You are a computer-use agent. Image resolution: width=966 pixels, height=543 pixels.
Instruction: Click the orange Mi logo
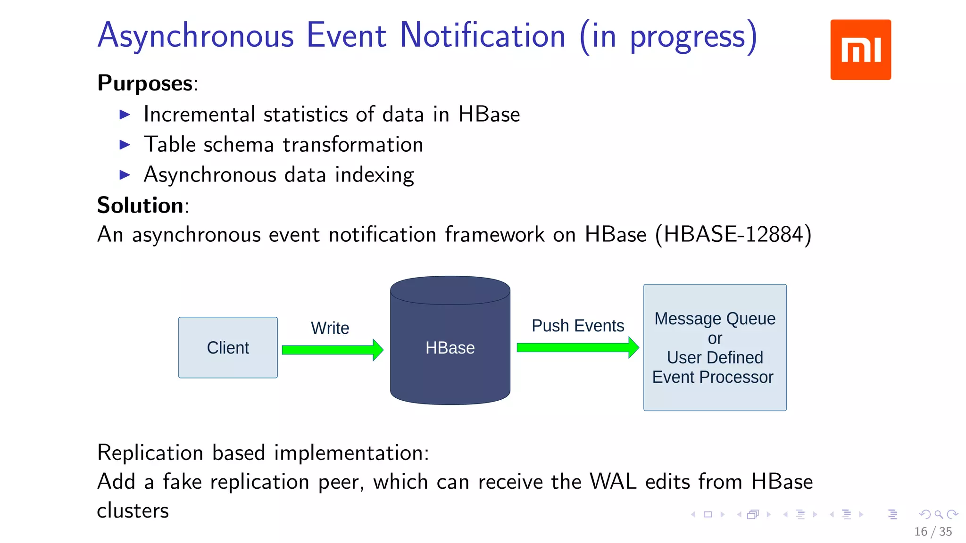(860, 49)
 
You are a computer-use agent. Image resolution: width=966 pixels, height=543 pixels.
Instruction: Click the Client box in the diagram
(228, 347)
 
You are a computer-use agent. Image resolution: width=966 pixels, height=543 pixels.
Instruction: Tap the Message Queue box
(715, 347)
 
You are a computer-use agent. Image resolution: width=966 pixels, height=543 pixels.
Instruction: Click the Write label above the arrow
(330, 328)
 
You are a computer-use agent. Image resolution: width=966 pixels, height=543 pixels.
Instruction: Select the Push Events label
(577, 326)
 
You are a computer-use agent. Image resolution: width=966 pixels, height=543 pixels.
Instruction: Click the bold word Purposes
(145, 83)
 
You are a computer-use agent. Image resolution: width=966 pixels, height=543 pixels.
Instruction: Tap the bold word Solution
(140, 206)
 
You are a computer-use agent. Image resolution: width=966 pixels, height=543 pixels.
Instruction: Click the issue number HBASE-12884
(733, 234)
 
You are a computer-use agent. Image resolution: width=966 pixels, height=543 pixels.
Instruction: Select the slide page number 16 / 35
(933, 532)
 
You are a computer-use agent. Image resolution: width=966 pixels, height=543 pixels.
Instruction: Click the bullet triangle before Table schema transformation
(125, 145)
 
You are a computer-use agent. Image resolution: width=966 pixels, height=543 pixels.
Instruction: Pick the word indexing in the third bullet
(375, 175)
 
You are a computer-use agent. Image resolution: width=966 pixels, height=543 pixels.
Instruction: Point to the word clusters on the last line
(133, 511)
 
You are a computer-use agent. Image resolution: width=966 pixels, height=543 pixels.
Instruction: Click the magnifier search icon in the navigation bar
(939, 514)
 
